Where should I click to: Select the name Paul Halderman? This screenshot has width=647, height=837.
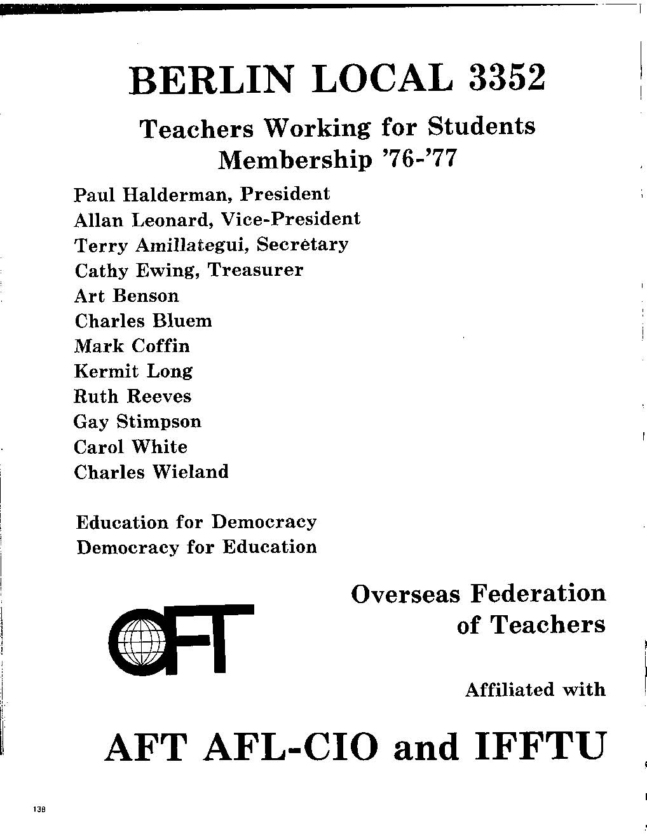coord(151,194)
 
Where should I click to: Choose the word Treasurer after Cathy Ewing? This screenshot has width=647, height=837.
coord(256,270)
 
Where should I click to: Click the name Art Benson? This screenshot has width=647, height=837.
coord(126,296)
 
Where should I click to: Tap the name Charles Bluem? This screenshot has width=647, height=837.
coord(143,321)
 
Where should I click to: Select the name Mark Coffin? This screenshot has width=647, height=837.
coord(132,346)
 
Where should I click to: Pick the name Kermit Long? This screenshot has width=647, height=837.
coord(133,371)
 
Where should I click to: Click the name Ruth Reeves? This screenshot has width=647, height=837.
coord(132,397)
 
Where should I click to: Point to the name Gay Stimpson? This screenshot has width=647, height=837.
coord(137,422)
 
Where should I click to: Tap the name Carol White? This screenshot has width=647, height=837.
coord(130,447)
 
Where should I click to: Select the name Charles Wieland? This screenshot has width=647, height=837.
coord(151,472)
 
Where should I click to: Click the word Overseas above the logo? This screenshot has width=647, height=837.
coord(405,594)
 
